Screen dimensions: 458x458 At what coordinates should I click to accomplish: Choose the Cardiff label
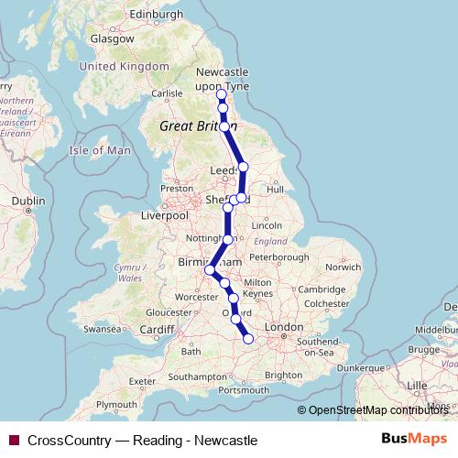pyautogui.click(x=158, y=330)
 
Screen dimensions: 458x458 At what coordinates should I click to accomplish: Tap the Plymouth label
pyautogui.click(x=116, y=404)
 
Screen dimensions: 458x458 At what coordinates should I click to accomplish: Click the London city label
pyautogui.click(x=284, y=327)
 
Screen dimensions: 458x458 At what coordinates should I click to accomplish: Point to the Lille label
pyautogui.click(x=417, y=386)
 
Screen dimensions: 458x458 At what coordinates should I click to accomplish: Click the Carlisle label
pyautogui.click(x=168, y=93)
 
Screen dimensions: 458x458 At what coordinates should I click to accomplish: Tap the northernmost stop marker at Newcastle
pyautogui.click(x=221, y=94)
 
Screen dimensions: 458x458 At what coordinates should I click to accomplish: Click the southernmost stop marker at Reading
pyautogui.click(x=247, y=340)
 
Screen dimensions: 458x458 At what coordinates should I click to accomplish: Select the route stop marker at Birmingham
pyautogui.click(x=210, y=270)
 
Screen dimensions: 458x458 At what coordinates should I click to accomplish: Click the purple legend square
pyautogui.click(x=13, y=441)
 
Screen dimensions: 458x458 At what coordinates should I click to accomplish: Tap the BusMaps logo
pyautogui.click(x=414, y=440)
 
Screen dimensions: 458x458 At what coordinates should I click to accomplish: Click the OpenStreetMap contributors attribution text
pyautogui.click(x=379, y=410)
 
